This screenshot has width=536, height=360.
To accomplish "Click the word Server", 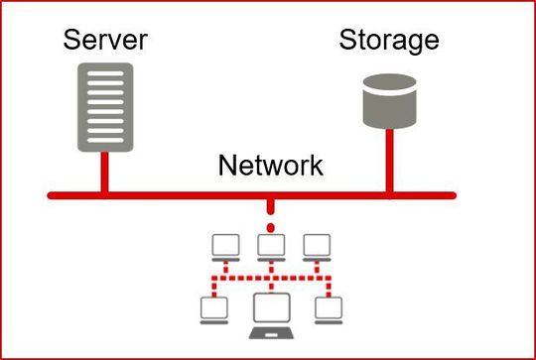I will [105, 40].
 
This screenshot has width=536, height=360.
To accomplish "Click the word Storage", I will [388, 40].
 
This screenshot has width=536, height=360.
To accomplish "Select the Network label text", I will [270, 164].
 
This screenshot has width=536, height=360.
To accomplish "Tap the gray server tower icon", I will [104, 106].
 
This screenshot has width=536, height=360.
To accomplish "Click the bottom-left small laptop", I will [213, 308].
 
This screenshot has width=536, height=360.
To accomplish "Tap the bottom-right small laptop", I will [326, 308].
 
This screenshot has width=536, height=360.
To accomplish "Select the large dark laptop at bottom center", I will [270, 312].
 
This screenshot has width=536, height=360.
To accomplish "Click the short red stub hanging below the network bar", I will [270, 206].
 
